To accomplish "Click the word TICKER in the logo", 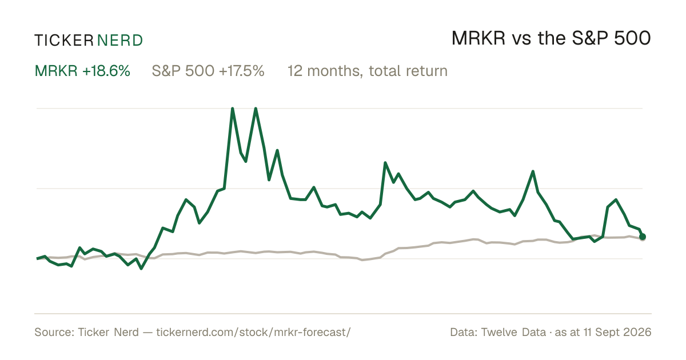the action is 64,41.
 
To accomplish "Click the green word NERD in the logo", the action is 120,41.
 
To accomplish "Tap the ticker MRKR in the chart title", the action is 478,38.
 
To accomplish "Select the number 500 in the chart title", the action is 632,38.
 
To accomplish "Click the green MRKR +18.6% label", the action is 82,71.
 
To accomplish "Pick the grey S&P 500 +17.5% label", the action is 208,71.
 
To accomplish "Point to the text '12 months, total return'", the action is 368,71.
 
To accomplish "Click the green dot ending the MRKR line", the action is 643,237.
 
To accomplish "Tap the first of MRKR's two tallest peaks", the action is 233,109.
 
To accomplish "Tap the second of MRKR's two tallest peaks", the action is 256,109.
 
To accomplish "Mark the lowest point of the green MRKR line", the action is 141,269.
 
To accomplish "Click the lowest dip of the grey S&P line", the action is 362,260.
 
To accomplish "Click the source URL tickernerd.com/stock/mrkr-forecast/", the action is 253,332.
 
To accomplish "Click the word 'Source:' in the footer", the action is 54,332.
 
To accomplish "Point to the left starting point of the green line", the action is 37,258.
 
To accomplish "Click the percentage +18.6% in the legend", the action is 106,71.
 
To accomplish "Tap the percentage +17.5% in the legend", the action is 242,71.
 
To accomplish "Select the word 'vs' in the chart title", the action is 521,39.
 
